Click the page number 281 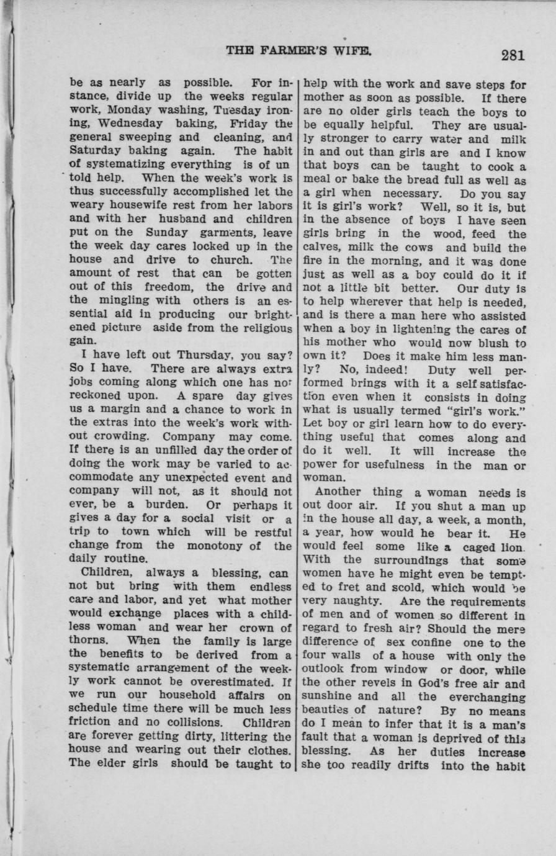point(513,55)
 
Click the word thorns point(88,641)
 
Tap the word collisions point(196,723)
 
